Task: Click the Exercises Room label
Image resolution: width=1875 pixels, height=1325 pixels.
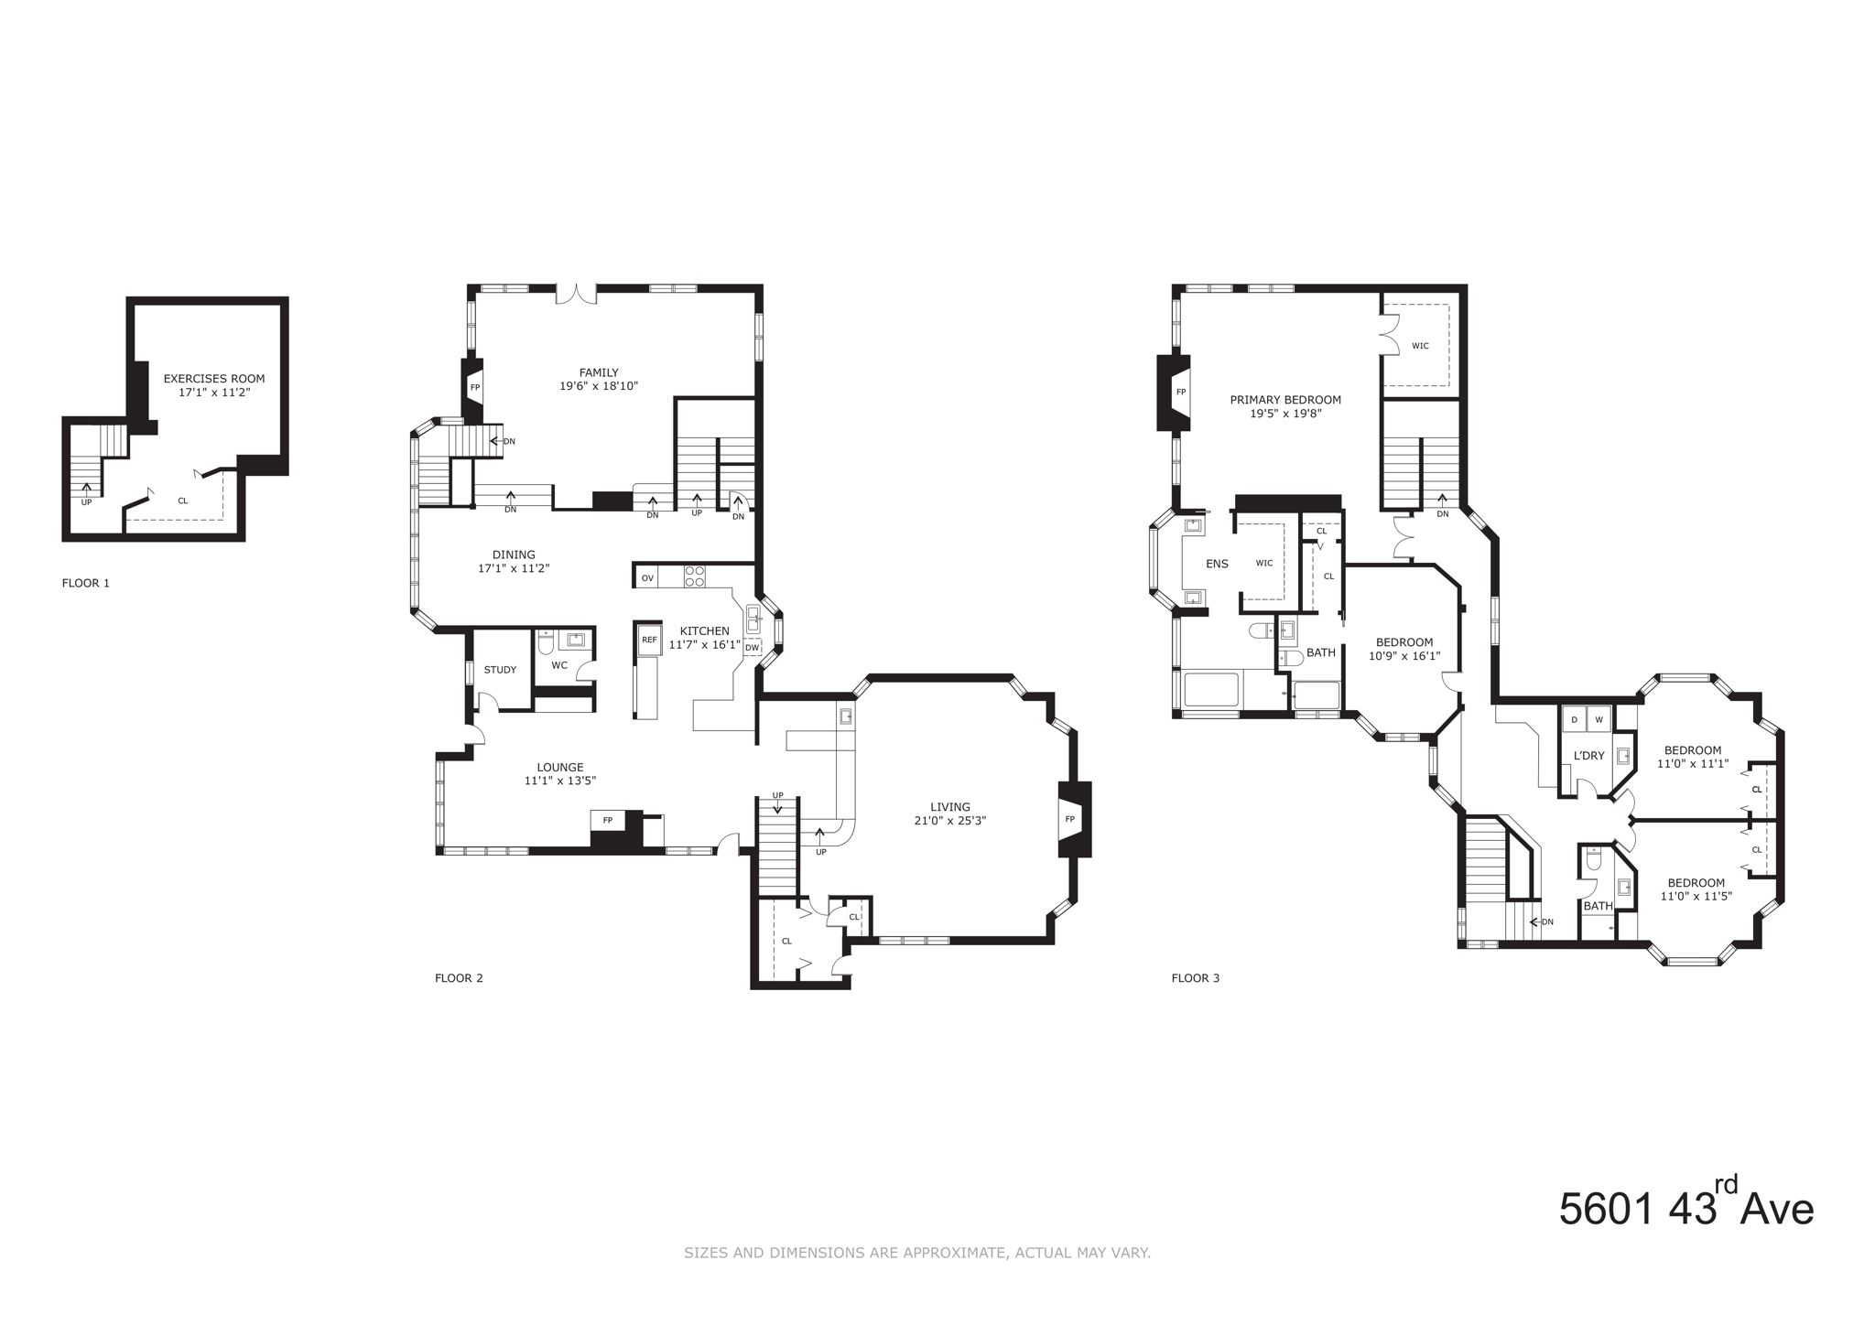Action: [213, 379]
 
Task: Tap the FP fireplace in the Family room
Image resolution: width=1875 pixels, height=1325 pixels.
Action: [474, 387]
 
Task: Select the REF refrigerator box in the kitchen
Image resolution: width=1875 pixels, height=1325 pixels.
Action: [649, 640]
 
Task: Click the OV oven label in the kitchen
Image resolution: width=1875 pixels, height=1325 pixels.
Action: [647, 578]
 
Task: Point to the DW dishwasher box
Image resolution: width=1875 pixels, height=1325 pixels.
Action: [752, 648]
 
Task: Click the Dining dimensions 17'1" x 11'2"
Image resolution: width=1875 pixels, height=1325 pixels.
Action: [513, 568]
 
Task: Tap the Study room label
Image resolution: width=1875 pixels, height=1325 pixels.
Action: [500, 670]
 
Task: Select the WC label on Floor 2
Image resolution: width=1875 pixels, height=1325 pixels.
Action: [559, 665]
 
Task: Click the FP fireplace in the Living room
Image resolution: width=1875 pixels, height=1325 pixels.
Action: [1069, 819]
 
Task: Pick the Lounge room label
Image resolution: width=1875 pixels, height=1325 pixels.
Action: [560, 768]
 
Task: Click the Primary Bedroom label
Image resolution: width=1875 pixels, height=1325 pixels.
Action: [1285, 400]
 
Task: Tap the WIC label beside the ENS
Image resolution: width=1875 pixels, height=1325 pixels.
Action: [1264, 564]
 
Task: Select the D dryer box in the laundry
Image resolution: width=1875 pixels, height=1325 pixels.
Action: [1575, 720]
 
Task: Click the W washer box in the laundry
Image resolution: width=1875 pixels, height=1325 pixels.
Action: [1599, 720]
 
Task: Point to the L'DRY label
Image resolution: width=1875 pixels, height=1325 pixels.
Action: [1588, 756]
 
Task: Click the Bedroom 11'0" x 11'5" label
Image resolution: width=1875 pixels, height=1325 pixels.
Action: [1696, 883]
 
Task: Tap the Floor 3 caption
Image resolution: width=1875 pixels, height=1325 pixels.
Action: [1195, 978]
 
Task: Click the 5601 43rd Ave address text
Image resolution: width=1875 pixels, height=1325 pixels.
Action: [1685, 1208]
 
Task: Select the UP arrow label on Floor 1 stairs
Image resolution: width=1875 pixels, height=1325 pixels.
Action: [86, 502]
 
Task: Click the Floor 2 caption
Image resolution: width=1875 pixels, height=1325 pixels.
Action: [459, 978]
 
